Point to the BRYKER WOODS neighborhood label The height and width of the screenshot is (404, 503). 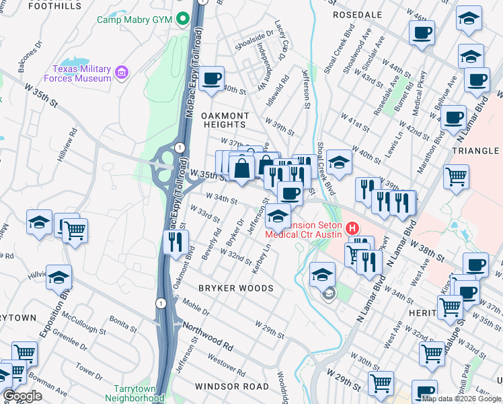pos(235,288)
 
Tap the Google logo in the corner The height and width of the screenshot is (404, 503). pos(22,396)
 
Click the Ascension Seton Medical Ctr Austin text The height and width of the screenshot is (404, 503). pos(305,229)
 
